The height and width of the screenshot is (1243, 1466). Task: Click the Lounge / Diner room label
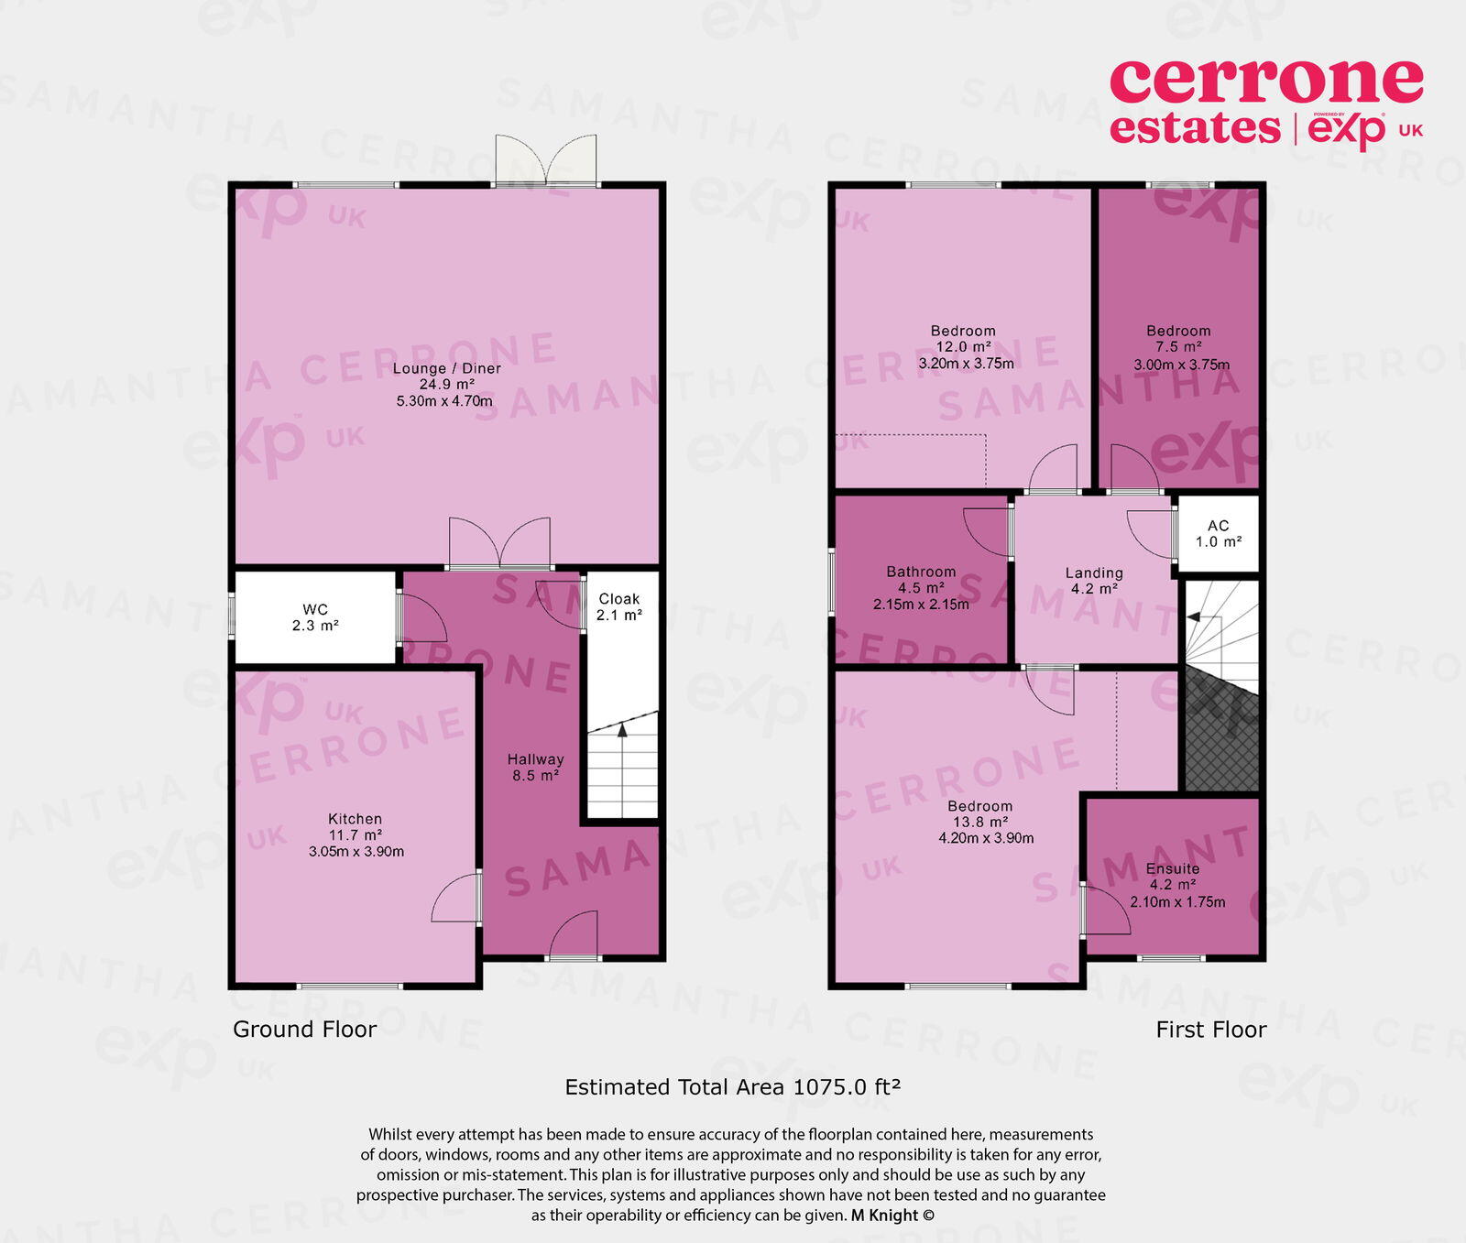(447, 368)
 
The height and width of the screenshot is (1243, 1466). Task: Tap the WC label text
(315, 609)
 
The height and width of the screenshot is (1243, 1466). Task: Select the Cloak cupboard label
(618, 598)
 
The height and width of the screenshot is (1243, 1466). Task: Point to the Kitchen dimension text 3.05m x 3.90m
(356, 851)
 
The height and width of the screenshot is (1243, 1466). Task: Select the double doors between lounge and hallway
(499, 543)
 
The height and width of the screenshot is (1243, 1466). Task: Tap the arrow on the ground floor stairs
(622, 730)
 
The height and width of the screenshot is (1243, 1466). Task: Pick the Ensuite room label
(1172, 868)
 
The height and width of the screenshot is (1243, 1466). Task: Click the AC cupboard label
(1218, 526)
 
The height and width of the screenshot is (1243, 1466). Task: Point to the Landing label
(1094, 572)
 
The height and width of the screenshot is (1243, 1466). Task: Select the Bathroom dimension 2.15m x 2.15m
(921, 605)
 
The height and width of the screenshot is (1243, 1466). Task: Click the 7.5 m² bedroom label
(1178, 347)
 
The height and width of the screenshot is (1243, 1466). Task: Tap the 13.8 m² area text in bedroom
(980, 823)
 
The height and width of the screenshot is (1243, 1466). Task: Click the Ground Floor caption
(304, 1030)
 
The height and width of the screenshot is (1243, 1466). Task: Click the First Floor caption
(1210, 1030)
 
